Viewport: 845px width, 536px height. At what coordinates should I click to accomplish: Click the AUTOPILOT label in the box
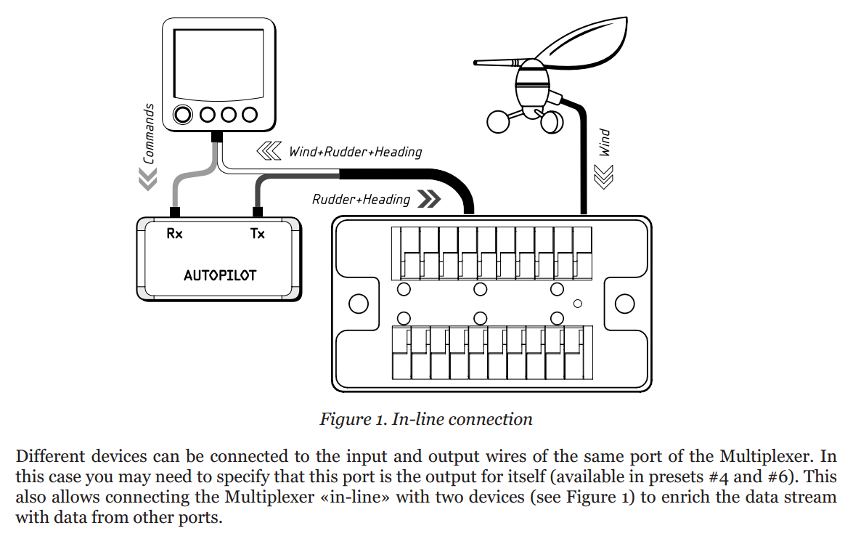point(220,275)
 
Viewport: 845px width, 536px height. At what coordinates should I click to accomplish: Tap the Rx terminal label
point(175,233)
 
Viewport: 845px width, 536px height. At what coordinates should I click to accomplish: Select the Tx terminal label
point(258,233)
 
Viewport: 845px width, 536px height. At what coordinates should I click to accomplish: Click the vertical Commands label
point(149,134)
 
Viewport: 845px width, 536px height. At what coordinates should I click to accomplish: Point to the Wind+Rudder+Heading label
point(355,152)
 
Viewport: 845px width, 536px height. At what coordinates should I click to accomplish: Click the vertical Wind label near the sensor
point(605,143)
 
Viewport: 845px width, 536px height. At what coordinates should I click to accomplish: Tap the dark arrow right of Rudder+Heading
point(429,199)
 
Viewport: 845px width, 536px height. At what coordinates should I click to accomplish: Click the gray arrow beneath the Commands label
point(147,179)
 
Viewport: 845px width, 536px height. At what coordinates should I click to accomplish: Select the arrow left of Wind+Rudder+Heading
point(269,152)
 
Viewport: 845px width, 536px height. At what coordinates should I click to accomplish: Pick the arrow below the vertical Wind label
point(603,176)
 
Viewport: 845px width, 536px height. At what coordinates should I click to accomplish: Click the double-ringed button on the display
point(183,114)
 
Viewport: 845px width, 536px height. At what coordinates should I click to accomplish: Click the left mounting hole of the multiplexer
point(359,304)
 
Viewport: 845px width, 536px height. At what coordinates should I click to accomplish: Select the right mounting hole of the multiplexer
point(624,304)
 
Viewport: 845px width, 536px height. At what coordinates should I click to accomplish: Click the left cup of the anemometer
point(498,122)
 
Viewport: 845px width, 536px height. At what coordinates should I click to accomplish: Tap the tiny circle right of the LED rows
point(578,304)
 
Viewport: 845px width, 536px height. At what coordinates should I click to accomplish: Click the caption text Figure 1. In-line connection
point(425,419)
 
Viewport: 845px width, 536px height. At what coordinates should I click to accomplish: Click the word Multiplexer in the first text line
point(765,456)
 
